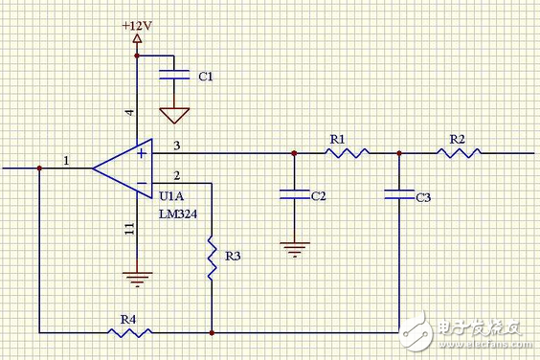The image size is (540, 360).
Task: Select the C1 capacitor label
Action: click(x=206, y=75)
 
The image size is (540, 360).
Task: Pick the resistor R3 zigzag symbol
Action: click(x=210, y=257)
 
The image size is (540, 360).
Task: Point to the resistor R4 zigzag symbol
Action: click(x=130, y=332)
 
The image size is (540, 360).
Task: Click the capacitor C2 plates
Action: click(x=294, y=195)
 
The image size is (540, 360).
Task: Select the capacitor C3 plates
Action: click(x=398, y=195)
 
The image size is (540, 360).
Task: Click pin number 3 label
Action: click(x=177, y=145)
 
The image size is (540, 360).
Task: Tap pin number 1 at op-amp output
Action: click(x=66, y=160)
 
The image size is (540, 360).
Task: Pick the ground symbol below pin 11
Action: click(x=138, y=280)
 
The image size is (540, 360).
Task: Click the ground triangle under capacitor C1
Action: click(x=173, y=115)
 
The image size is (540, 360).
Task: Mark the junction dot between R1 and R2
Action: click(x=398, y=153)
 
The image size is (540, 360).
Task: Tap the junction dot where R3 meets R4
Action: click(x=210, y=332)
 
